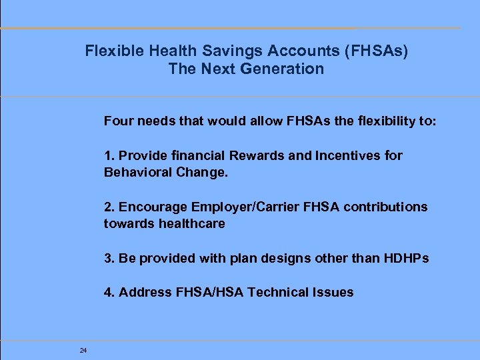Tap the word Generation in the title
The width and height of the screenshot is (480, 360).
(x=283, y=69)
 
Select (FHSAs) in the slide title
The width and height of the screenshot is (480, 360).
(x=371, y=50)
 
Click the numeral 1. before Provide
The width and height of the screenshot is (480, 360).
(x=109, y=155)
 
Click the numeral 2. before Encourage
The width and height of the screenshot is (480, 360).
(x=109, y=207)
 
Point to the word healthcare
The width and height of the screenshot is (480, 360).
(x=192, y=224)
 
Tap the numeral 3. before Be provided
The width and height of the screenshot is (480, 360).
(x=109, y=258)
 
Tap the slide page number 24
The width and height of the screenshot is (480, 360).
(x=83, y=350)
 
